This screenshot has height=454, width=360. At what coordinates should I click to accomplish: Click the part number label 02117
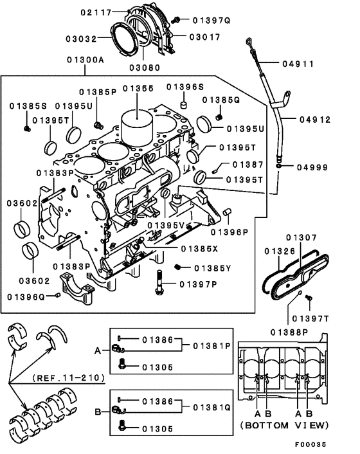tap(96, 12)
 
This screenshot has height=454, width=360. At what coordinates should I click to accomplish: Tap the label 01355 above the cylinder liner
tap(138, 87)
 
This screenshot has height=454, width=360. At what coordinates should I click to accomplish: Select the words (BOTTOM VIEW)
tap(284, 426)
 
